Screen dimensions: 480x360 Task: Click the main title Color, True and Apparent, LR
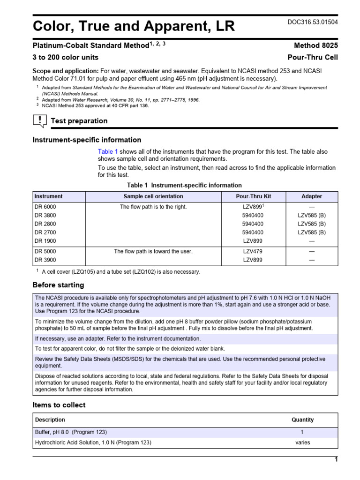(x=134, y=26)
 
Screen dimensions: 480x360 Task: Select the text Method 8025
(x=315, y=45)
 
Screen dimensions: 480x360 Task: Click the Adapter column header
(x=312, y=196)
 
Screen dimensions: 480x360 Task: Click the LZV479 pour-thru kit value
(x=253, y=251)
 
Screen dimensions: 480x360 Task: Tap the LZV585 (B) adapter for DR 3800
(x=312, y=215)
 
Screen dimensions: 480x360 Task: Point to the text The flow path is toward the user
(x=153, y=251)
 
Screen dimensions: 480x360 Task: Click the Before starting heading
(x=58, y=285)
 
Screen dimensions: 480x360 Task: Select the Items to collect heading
(x=59, y=405)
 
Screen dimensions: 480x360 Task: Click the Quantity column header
(x=303, y=420)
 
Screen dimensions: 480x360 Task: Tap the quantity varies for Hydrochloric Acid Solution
(x=303, y=442)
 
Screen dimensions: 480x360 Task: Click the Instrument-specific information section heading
(x=87, y=140)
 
